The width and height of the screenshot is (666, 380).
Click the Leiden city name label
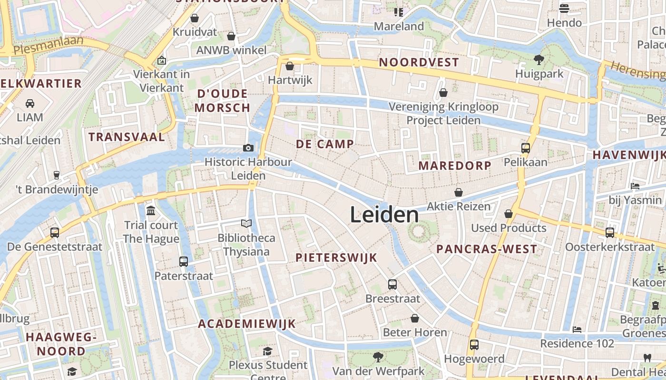[384, 215]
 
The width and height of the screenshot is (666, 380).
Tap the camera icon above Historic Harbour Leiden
[248, 148]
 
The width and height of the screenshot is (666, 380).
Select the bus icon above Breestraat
[392, 285]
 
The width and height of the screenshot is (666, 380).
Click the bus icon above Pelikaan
[526, 148]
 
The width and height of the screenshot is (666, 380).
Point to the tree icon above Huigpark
[539, 60]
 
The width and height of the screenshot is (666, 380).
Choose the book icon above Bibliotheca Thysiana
[246, 223]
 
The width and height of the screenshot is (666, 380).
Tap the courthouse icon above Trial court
[151, 210]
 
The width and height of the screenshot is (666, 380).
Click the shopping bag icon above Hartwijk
[290, 66]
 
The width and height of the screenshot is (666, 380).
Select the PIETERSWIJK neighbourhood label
[336, 258]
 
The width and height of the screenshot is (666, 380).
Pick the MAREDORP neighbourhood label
[455, 166]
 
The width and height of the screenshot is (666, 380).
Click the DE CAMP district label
[325, 144]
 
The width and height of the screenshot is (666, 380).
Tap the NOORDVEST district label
[419, 62]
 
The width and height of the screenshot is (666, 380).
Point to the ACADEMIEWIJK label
[247, 324]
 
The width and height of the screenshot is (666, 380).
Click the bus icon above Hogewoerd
[474, 345]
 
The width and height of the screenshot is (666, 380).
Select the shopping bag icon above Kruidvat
[195, 18]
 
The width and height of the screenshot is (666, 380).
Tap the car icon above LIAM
[29, 103]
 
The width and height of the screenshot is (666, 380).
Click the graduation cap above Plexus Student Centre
[268, 351]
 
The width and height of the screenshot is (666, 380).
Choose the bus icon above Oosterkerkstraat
[610, 233]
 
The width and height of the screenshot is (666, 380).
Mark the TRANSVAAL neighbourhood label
[127, 137]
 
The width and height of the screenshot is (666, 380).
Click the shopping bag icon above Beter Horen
[415, 318]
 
